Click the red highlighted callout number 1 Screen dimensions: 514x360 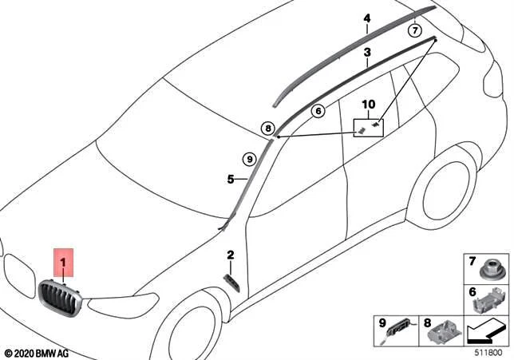pyautogui.click(x=63, y=263)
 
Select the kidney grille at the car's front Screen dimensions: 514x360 pyautogui.click(x=61, y=299)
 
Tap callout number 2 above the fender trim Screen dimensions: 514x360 pyautogui.click(x=231, y=255)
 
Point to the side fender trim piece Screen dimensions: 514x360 pyautogui.click(x=231, y=283)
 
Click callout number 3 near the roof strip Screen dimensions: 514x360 pyautogui.click(x=367, y=52)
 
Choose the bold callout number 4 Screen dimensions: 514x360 pyautogui.click(x=367, y=18)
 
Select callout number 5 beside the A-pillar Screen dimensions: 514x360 pyautogui.click(x=231, y=180)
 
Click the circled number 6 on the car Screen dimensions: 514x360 pyautogui.click(x=318, y=111)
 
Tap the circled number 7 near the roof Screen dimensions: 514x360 pyautogui.click(x=415, y=30)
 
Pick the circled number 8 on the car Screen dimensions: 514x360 pyautogui.click(x=268, y=129)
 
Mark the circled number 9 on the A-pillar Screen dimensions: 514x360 pyautogui.click(x=250, y=160)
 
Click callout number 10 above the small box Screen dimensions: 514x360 pyautogui.click(x=369, y=105)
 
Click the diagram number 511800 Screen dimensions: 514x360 pyautogui.click(x=488, y=353)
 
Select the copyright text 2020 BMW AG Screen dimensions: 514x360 pyautogui.click(x=37, y=354)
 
